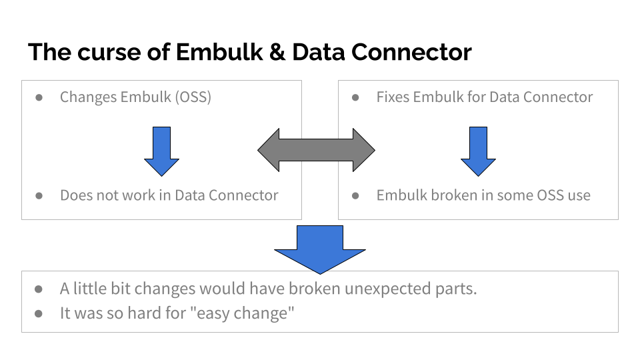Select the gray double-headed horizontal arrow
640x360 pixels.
click(x=317, y=150)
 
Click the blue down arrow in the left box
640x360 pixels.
click(x=162, y=151)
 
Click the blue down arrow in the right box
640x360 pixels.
click(x=478, y=151)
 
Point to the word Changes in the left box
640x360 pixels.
click(x=88, y=97)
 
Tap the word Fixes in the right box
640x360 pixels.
click(x=393, y=97)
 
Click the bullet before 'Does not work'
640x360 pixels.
click(x=39, y=195)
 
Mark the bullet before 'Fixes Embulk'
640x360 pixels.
click(x=356, y=97)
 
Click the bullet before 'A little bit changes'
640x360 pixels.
click(x=39, y=289)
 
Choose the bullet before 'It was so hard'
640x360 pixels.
click(x=39, y=313)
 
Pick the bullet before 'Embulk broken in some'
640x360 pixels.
click(x=356, y=195)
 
